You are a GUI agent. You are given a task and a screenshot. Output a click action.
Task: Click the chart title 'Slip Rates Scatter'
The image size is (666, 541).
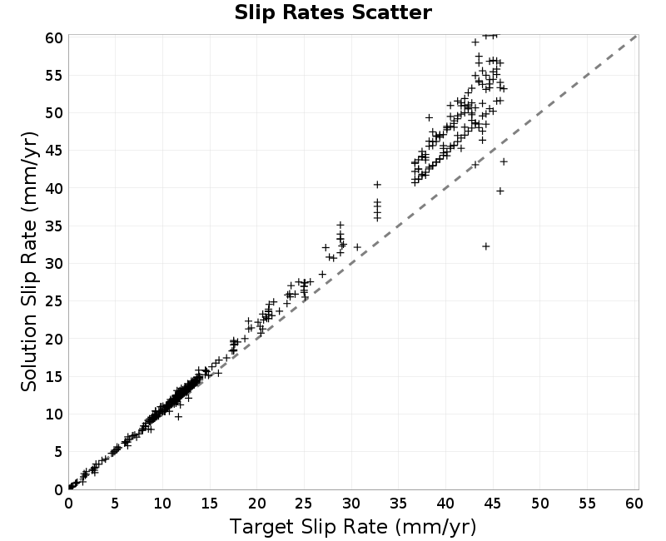[333, 12]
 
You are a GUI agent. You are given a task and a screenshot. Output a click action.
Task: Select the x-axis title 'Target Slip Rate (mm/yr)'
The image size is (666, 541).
[353, 527]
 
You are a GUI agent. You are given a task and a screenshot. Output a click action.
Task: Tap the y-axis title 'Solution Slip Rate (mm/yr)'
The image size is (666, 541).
[29, 261]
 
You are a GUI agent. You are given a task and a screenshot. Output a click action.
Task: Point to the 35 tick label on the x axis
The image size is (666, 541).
[398, 504]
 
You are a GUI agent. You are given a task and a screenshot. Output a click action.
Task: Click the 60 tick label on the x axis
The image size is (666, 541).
[634, 504]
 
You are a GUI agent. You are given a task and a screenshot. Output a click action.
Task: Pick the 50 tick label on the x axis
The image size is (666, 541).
[539, 504]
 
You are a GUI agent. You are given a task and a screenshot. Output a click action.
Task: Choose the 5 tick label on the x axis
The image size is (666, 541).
[115, 504]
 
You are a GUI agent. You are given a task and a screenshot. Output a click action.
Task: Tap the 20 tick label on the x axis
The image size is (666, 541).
[256, 504]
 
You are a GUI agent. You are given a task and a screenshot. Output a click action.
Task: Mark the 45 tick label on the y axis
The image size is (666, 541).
[54, 151]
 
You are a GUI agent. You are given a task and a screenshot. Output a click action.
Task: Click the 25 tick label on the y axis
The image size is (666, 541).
[54, 301]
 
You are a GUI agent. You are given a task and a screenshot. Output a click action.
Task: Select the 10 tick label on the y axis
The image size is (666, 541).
[54, 414]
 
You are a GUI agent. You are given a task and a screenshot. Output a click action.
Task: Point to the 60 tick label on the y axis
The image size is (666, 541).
[54, 37]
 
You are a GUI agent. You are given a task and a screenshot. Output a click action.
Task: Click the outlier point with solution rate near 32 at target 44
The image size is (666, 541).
[486, 246]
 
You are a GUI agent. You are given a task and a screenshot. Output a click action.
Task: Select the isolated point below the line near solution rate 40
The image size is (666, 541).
[500, 191]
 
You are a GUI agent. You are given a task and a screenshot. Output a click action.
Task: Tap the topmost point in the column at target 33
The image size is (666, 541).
[377, 184]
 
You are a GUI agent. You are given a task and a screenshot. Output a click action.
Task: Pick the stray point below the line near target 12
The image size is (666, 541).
[179, 417]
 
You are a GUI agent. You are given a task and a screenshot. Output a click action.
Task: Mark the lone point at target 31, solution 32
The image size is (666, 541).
[357, 246]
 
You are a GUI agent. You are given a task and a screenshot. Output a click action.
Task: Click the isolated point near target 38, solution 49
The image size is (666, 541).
[429, 117]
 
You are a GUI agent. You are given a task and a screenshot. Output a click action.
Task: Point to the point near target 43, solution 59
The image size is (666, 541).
[475, 42]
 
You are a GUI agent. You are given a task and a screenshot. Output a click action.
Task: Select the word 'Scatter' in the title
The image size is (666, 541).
[391, 12]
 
